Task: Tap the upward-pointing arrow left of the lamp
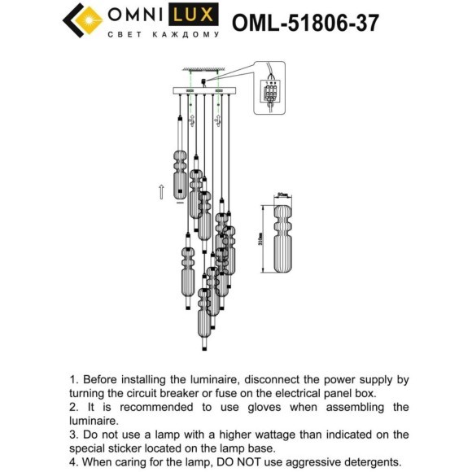(x=161, y=192)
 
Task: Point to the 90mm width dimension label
(x=283, y=196)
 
